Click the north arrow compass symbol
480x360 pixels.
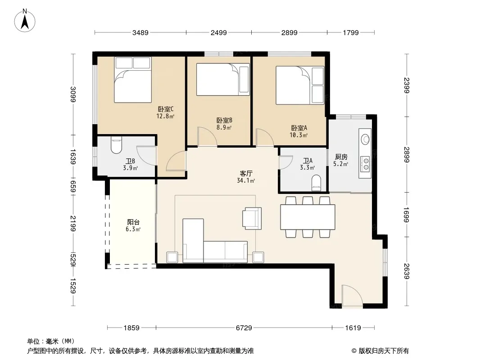(x=25, y=21)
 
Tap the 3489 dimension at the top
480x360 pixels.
(x=140, y=32)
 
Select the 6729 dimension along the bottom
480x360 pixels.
(x=244, y=328)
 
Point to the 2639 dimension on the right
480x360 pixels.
(x=406, y=271)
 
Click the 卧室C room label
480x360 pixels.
(x=166, y=109)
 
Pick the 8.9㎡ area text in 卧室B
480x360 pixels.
(x=224, y=127)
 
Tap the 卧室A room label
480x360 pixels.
(x=299, y=128)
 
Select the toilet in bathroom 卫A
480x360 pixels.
(x=316, y=183)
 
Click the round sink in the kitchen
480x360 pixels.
(x=365, y=139)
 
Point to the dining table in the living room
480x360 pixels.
(x=308, y=217)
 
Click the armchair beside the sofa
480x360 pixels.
(x=252, y=218)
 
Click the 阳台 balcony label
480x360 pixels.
(x=133, y=222)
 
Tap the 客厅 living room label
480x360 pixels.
(x=246, y=174)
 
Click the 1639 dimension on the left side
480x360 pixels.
(x=73, y=156)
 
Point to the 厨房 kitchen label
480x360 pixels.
(x=341, y=157)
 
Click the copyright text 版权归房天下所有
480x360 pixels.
(x=384, y=351)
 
